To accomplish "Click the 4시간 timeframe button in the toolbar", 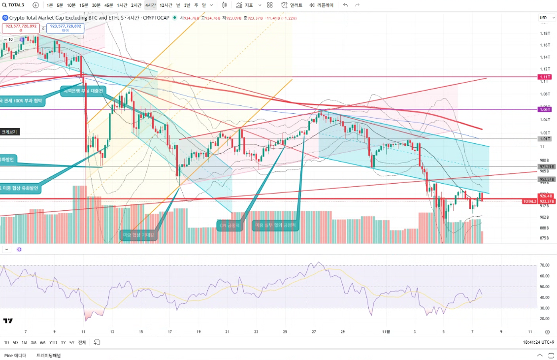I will pos(150,5).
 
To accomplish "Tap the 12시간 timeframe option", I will pos(166,5).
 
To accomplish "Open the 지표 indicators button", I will pos(245,5).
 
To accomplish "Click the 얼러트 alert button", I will pos(292,5).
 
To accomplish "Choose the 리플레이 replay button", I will pos(321,5).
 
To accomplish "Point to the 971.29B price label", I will pos(547,167).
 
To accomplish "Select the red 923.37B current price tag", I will pos(547,201).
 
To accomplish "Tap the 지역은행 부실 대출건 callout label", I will pos(83,91).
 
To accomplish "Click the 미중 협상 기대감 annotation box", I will pos(138,235).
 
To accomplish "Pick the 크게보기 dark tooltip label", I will pos(9,132).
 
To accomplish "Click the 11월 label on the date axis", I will pos(388,331).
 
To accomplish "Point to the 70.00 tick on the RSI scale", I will pos(544,265).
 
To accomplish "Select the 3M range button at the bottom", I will pos(33,342).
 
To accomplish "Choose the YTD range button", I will pos(53,342).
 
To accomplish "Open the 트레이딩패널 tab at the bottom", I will pos(48,355).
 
